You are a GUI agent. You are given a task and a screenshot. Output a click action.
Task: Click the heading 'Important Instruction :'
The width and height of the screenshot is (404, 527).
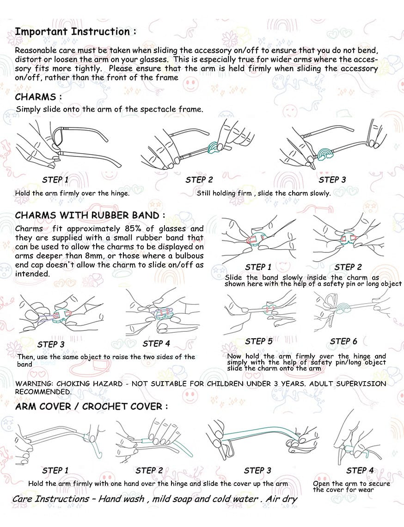point(76,31)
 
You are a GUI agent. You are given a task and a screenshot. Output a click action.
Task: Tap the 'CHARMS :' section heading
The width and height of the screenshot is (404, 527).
point(38,97)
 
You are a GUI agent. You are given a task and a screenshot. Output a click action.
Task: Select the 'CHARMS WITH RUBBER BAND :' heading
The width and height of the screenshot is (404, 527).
point(90,215)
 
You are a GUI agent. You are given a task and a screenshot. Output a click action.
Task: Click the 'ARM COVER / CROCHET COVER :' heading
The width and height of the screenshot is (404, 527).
point(92,407)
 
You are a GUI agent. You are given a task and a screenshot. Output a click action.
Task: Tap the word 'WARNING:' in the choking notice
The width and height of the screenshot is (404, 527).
point(34,384)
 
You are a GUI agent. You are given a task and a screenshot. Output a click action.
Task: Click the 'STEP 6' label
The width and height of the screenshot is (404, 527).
point(343,341)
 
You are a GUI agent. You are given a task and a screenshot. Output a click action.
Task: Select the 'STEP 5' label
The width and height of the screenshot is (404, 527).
point(258,341)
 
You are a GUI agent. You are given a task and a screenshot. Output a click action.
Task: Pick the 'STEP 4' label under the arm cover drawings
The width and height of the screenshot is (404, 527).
point(360,471)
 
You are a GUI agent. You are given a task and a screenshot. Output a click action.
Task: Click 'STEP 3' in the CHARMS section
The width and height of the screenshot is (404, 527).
point(332,180)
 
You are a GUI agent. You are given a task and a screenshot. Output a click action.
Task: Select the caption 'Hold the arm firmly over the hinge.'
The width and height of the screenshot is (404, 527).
point(72,193)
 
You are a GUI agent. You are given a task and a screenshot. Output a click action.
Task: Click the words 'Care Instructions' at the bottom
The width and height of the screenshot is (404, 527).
point(51,499)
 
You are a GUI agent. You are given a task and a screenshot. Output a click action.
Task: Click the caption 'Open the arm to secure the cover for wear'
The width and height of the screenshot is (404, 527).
point(351,487)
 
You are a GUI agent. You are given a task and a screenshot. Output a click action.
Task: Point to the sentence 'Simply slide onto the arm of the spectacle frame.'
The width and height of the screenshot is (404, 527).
point(110,109)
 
